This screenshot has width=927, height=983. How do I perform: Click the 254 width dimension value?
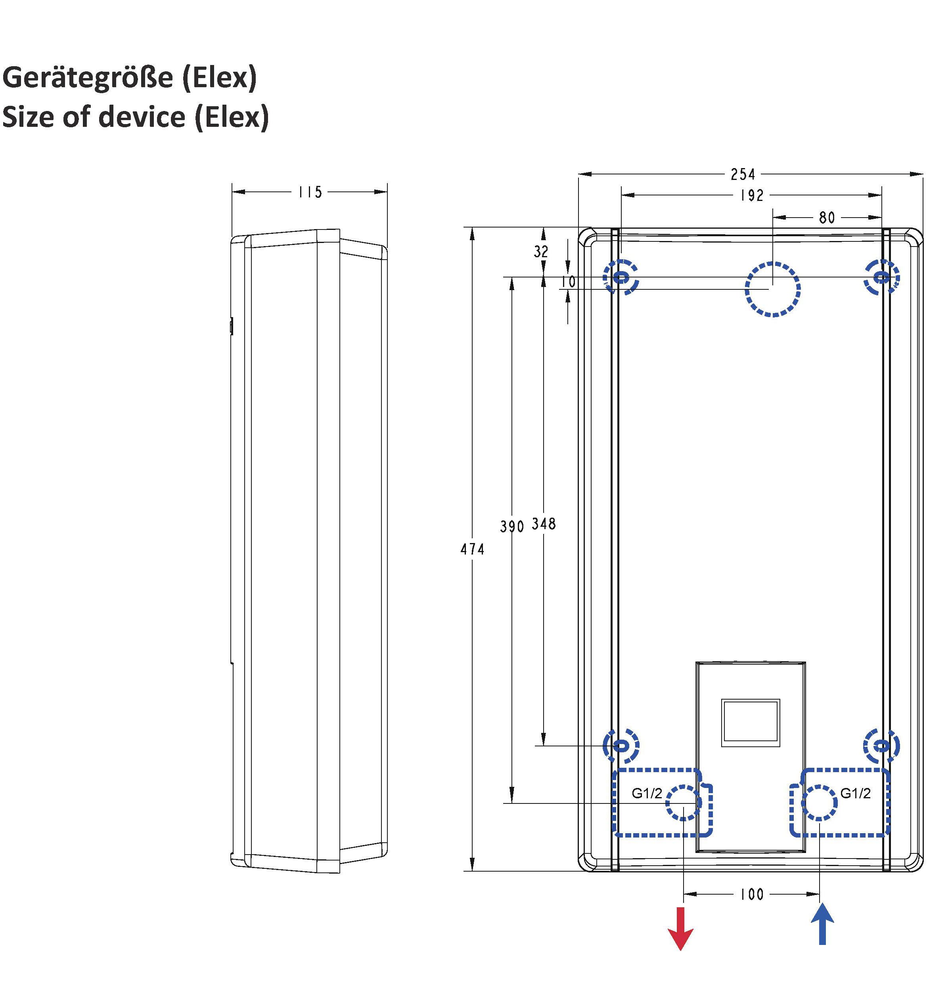743,174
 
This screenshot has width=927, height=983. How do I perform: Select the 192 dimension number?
752,195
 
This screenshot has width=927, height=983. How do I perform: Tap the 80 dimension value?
827,217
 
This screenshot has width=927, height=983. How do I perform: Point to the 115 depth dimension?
310,192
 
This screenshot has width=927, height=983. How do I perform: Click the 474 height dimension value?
472,549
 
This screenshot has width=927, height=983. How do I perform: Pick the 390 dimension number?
511,527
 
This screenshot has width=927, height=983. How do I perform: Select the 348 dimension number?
544,524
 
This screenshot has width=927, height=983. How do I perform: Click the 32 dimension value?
541,252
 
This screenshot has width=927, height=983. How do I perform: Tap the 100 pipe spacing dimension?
752,894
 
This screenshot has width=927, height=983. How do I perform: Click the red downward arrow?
681,929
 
